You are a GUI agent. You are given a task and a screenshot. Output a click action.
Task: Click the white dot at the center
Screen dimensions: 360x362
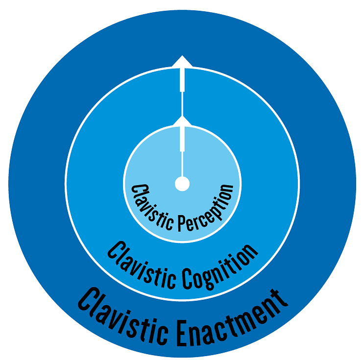coord(182,184)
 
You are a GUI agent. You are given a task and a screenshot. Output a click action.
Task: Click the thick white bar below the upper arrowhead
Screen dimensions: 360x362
coord(182,79)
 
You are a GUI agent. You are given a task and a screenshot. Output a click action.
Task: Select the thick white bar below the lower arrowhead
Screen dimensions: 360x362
coord(182,138)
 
